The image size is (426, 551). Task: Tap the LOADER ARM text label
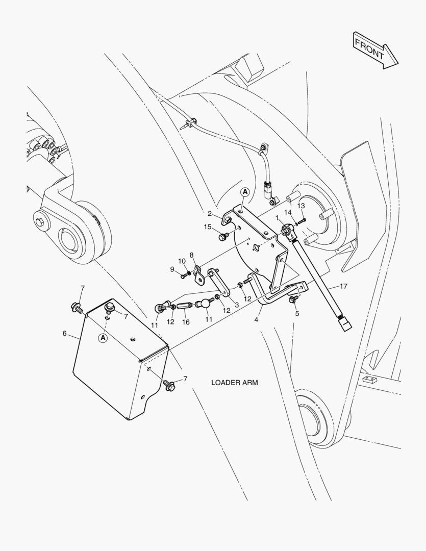(x=235, y=382)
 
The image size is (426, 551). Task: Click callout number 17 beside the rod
(x=343, y=286)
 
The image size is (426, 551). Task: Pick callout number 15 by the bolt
(x=208, y=227)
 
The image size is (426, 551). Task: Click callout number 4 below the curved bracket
(x=256, y=320)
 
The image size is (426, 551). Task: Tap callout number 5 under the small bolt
(x=297, y=313)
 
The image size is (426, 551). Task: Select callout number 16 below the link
(x=186, y=322)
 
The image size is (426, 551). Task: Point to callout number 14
(x=288, y=212)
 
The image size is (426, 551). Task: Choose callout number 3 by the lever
(x=236, y=305)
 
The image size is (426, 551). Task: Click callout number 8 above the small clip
(x=192, y=255)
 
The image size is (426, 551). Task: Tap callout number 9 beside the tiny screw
(x=172, y=269)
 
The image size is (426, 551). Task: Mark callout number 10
(x=182, y=261)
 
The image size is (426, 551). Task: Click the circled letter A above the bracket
(x=245, y=192)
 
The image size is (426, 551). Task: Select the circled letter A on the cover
(x=103, y=338)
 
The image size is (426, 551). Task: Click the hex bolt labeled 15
(x=222, y=237)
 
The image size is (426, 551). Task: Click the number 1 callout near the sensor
(x=277, y=218)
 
